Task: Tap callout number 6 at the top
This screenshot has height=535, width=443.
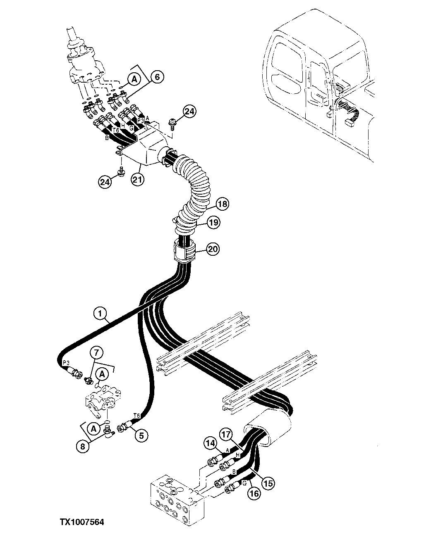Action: [x=157, y=76]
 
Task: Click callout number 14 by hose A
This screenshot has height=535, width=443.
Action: [x=210, y=443]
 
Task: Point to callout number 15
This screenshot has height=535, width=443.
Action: [x=268, y=483]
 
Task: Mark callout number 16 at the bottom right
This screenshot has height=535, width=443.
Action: [x=254, y=492]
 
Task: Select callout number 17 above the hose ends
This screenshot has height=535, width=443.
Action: [x=225, y=435]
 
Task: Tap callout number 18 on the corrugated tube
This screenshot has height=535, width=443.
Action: [x=222, y=204]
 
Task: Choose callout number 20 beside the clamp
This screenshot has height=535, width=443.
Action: [x=213, y=249]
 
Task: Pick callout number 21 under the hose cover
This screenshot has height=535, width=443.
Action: [x=137, y=179]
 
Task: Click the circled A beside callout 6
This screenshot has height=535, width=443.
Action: [x=134, y=79]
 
